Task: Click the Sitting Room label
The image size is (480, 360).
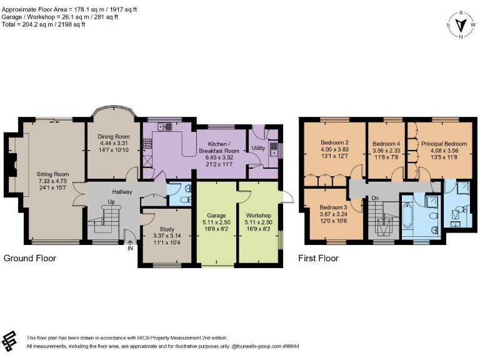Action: tap(52, 174)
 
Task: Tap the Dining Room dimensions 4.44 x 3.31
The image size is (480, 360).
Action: tap(114, 143)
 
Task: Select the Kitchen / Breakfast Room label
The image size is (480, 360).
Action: tap(219, 147)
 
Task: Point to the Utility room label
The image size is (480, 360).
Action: tap(258, 148)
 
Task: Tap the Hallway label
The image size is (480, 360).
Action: tap(122, 192)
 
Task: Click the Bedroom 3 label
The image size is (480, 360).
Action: tap(332, 207)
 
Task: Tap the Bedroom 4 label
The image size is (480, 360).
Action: tap(386, 143)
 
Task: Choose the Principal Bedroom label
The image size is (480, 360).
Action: tap(444, 144)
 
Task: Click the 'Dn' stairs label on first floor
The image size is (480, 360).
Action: tap(375, 198)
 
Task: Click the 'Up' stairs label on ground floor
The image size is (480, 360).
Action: tap(111, 202)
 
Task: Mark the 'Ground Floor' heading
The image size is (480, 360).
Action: tap(30, 258)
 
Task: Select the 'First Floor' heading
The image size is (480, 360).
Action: tap(319, 258)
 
